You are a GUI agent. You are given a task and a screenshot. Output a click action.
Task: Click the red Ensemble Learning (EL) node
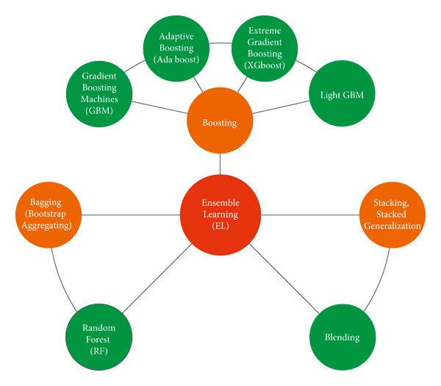220,215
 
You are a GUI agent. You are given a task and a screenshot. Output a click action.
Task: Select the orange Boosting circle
220,123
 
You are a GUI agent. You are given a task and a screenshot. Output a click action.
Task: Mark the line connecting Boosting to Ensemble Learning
220,164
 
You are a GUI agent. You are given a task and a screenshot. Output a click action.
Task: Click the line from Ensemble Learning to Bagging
132,215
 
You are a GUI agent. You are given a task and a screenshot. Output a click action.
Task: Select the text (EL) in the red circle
220,229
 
